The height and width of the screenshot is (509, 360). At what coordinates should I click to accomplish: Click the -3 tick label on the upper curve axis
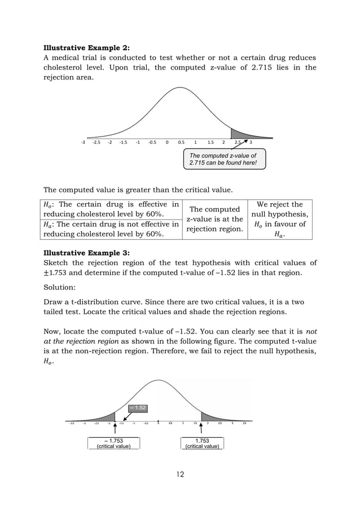(84, 143)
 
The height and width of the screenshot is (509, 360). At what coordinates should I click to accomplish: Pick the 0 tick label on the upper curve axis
(167, 143)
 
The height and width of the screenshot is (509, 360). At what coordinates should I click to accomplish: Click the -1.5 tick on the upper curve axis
(124, 143)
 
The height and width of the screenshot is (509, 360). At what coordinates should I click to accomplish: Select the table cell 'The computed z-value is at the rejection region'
(214, 219)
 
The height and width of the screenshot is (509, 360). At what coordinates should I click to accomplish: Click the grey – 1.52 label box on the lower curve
(138, 407)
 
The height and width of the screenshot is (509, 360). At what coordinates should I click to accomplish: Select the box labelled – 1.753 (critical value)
(115, 443)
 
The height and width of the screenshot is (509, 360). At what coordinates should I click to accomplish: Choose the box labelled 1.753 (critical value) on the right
(202, 443)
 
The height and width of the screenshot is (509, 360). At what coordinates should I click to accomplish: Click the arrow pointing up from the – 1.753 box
(115, 429)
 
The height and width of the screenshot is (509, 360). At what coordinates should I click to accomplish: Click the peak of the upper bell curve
(180, 89)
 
